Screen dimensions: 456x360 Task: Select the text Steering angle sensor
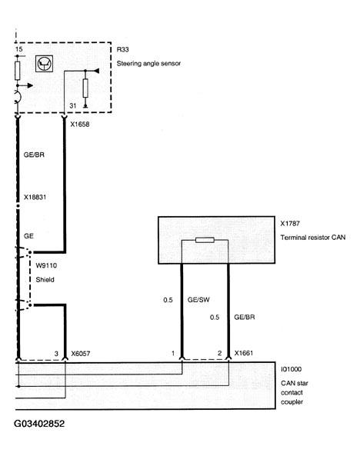(148, 63)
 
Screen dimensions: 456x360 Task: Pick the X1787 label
(291, 225)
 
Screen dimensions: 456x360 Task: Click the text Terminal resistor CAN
(312, 238)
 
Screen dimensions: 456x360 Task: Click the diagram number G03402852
(49, 423)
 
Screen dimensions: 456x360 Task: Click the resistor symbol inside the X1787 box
(205, 241)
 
